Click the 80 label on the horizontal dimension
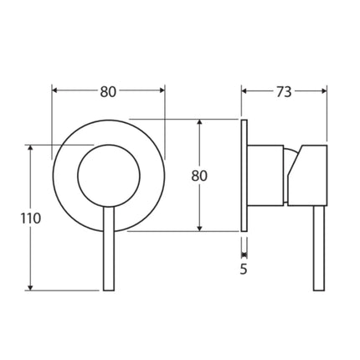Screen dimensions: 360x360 point(108,92)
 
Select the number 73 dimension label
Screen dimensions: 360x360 point(284,92)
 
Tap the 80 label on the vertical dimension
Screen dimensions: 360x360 point(199,176)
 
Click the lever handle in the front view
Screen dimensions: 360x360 point(108,251)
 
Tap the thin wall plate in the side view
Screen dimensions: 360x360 point(244,176)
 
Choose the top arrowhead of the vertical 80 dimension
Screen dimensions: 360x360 point(199,122)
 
